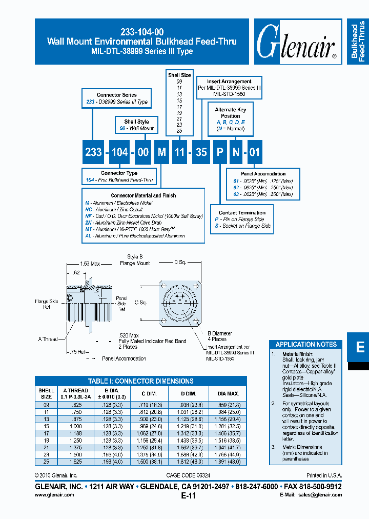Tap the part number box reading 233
click(x=93, y=152)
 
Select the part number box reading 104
click(x=120, y=152)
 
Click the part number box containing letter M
click(x=161, y=152)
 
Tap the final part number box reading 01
click(x=255, y=152)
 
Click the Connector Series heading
click(x=116, y=95)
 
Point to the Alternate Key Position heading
click(x=230, y=113)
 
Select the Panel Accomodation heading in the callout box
click(x=263, y=174)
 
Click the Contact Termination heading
click(x=242, y=212)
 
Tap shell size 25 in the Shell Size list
click(x=179, y=131)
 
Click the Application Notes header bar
click(x=306, y=344)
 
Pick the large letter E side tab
click(x=360, y=347)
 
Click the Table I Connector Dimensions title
click(x=140, y=381)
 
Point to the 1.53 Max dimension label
click(x=91, y=263)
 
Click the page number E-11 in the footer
click(x=188, y=496)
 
